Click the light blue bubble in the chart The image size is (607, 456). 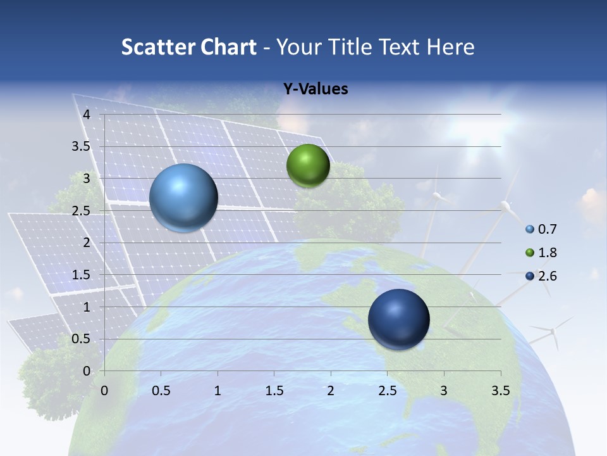(183, 198)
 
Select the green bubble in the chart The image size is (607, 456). (308, 166)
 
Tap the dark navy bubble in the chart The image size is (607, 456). (398, 320)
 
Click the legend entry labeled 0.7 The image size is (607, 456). (542, 229)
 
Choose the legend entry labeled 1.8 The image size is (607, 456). (542, 253)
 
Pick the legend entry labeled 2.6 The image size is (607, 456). (542, 276)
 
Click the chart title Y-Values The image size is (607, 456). (315, 89)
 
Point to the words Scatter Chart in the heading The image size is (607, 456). (188, 47)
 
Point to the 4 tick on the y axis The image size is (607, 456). (87, 115)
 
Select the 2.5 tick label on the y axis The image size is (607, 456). (82, 211)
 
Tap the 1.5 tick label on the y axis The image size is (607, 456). (82, 275)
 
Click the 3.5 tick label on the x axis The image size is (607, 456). (500, 391)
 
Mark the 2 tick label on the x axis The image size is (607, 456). (331, 391)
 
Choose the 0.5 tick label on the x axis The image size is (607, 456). (161, 391)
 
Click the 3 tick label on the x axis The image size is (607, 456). (444, 391)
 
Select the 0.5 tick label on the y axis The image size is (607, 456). (82, 339)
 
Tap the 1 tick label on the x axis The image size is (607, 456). (218, 391)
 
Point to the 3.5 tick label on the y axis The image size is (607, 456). (82, 147)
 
